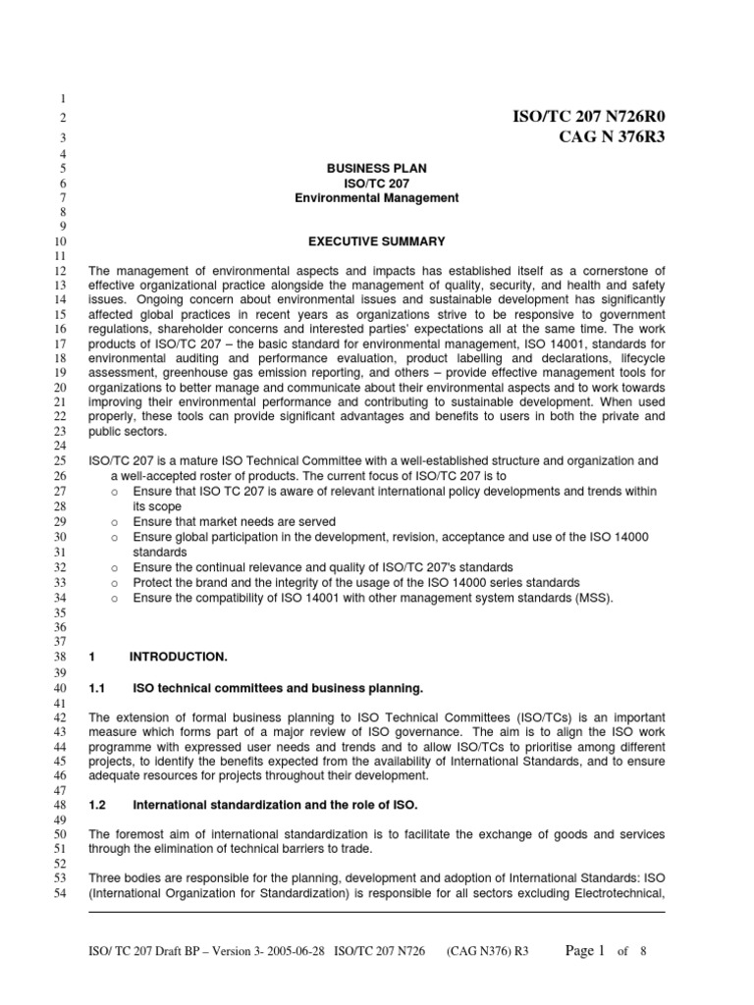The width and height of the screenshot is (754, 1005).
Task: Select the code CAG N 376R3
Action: pyautogui.click(x=612, y=136)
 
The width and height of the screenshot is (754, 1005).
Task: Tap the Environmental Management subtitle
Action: pyautogui.click(x=376, y=198)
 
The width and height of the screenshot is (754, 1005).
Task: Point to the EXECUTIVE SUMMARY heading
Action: pyautogui.click(x=377, y=241)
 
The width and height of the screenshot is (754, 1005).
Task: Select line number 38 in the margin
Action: pyautogui.click(x=59, y=656)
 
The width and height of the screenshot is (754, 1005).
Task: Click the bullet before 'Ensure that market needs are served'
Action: pyautogui.click(x=116, y=522)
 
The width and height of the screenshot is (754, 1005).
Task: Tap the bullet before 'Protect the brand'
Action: pyautogui.click(x=116, y=582)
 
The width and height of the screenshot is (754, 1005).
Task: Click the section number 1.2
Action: pyautogui.click(x=97, y=806)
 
